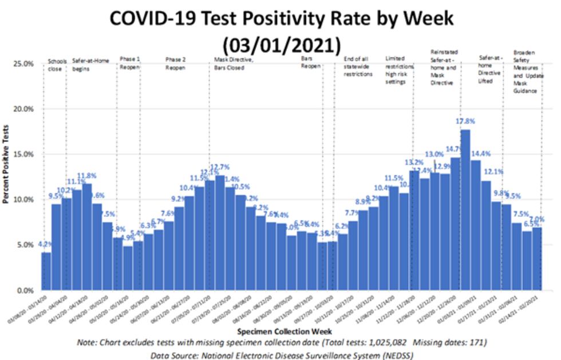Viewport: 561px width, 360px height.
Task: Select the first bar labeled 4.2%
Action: tap(46, 271)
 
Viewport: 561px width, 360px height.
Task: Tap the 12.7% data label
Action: tap(220, 167)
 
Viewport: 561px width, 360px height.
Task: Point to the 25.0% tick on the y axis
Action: tap(23, 64)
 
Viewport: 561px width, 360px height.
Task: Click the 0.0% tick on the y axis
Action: tap(25, 291)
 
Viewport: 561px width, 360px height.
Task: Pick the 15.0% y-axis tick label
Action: tap(23, 155)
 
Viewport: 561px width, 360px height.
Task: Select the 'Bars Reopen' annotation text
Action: tap(310, 64)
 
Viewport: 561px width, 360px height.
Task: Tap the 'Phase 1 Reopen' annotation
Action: tap(129, 64)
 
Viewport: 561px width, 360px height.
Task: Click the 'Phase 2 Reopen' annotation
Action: tap(175, 64)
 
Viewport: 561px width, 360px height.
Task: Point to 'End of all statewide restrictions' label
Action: tap(358, 66)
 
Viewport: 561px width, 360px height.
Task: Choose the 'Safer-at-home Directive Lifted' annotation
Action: tap(492, 66)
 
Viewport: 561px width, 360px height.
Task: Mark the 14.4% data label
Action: tap(481, 153)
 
